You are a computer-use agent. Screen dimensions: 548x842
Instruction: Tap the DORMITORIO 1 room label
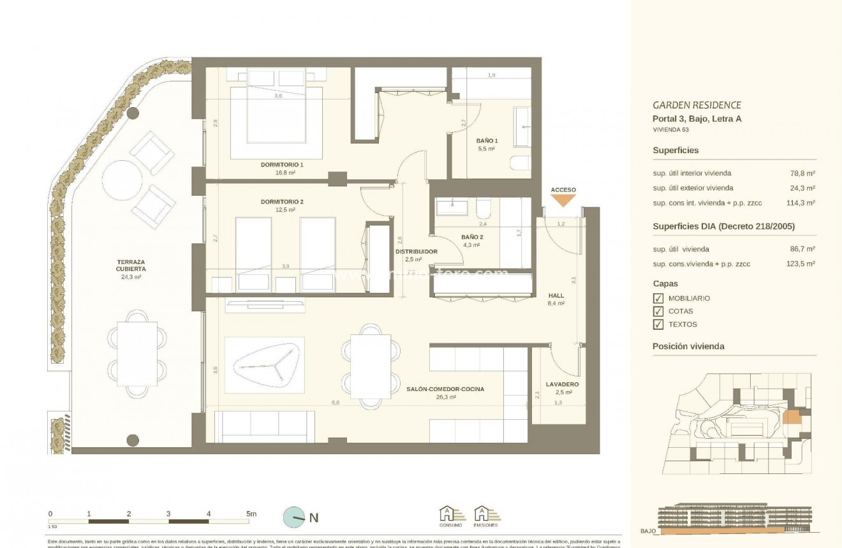[282, 165]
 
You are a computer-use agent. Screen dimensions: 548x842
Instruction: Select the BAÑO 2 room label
[472, 237]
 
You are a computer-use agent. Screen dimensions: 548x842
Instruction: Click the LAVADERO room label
[562, 384]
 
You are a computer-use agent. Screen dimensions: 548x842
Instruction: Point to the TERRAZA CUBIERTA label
[131, 265]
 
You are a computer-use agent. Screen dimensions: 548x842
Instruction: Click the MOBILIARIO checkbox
[658, 298]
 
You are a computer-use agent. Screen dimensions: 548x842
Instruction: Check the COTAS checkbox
[658, 311]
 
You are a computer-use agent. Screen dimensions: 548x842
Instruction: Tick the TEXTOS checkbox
[658, 325]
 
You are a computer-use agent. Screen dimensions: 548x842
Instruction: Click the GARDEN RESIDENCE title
[697, 105]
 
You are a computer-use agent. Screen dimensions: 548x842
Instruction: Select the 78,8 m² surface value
[802, 173]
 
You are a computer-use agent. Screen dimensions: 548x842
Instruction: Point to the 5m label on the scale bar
[250, 514]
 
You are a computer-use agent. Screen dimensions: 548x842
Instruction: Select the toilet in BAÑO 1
[520, 163]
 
